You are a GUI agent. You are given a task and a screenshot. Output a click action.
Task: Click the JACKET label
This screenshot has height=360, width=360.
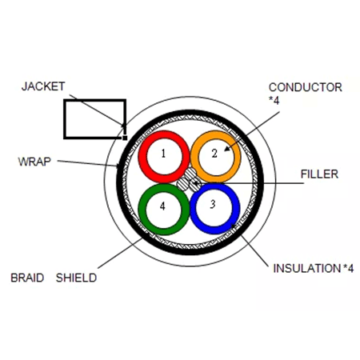(x=43, y=86)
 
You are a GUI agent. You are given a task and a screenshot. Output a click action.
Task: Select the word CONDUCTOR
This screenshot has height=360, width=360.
(x=305, y=87)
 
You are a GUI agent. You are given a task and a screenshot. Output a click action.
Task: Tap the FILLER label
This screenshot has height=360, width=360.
(x=318, y=174)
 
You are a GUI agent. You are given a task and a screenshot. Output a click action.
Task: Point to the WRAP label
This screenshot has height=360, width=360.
(x=34, y=161)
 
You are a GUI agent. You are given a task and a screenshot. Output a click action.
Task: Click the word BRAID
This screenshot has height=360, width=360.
(x=27, y=278)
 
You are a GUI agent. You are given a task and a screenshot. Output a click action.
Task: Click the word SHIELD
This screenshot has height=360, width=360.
(x=76, y=278)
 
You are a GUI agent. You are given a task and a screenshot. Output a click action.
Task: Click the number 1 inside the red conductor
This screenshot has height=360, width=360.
(x=162, y=153)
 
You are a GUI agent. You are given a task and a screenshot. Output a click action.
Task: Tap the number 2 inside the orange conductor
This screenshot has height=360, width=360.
(x=214, y=152)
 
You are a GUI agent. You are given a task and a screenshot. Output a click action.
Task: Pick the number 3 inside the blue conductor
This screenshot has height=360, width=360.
(x=212, y=204)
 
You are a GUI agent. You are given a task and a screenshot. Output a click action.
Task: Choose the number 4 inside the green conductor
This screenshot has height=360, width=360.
(x=162, y=206)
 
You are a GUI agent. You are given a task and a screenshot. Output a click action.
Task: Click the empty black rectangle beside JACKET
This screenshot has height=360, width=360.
(x=94, y=118)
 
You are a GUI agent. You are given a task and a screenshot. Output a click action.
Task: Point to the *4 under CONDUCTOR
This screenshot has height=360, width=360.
(x=274, y=100)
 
